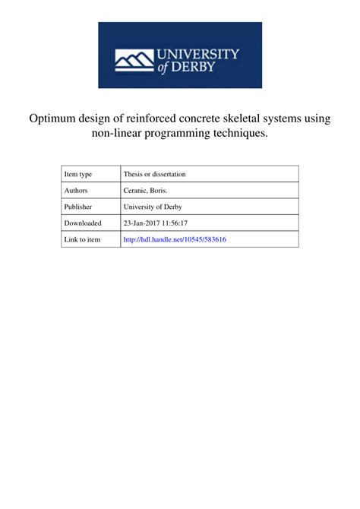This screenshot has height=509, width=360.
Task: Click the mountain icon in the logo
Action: [134, 60]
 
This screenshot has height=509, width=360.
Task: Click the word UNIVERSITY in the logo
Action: [198, 55]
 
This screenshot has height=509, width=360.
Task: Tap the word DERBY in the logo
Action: [198, 67]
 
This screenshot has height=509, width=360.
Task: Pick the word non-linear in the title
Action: [118, 134]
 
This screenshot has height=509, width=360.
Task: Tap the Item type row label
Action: [80, 174]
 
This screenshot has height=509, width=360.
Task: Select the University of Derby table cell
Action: [153, 207]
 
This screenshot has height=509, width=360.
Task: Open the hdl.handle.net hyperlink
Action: [174, 239]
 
